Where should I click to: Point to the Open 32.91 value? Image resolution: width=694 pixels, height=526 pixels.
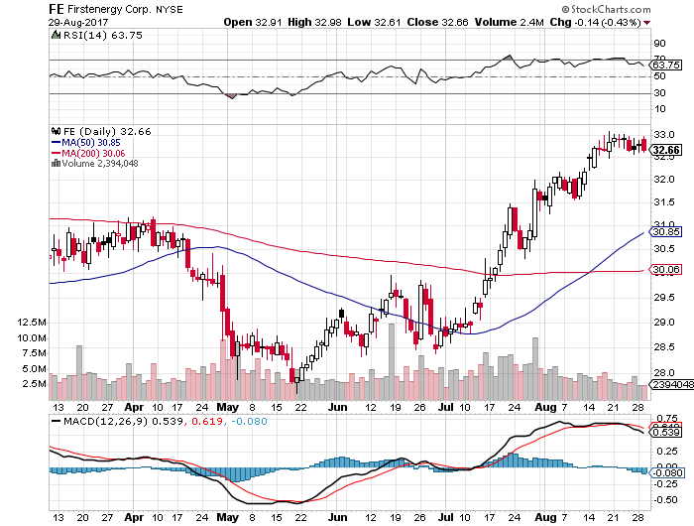pos(253,21)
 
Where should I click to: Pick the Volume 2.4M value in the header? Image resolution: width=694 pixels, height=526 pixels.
pos(513,21)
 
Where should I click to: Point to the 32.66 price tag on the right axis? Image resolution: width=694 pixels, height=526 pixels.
pos(666,150)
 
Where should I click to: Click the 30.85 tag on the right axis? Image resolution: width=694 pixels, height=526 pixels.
pos(666,231)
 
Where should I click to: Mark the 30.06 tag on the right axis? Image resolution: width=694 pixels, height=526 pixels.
pos(666,269)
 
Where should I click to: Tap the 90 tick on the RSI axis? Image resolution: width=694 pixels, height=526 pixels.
pos(658,44)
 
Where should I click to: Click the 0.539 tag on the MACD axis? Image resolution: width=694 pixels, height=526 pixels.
pos(666,433)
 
